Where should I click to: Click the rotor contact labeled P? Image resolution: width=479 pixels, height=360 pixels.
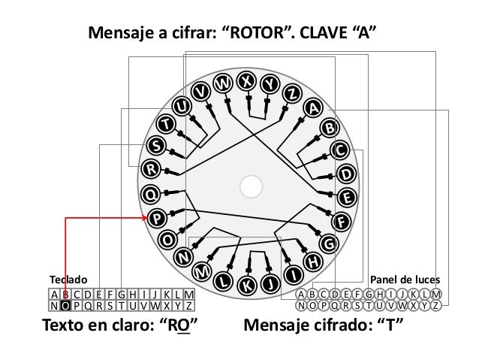(158, 219)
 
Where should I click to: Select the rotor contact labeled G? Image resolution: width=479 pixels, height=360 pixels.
(328, 244)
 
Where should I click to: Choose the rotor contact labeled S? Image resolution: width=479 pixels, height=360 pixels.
(155, 144)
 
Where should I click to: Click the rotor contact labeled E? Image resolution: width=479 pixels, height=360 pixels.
(346, 198)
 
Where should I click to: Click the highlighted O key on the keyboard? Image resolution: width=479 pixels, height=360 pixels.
(66, 305)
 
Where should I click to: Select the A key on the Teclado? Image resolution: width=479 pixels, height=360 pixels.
(55, 294)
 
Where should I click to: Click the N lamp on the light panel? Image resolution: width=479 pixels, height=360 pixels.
(302, 305)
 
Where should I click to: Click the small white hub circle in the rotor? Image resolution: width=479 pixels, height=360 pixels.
(252, 183)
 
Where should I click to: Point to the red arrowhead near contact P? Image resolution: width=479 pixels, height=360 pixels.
(146, 218)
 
